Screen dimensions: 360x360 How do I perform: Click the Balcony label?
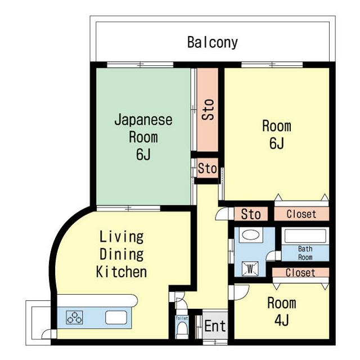pyautogui.click(x=213, y=43)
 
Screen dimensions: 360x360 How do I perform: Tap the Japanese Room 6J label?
pyautogui.click(x=143, y=137)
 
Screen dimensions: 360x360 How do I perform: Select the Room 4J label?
pyautogui.click(x=282, y=311)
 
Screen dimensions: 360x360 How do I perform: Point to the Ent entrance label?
pyautogui.click(x=215, y=326)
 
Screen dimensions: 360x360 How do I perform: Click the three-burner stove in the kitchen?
pyautogui.click(x=74, y=317)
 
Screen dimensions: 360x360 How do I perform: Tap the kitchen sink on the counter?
pyautogui.click(x=116, y=317)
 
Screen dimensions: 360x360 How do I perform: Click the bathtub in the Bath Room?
pyautogui.click(x=305, y=236)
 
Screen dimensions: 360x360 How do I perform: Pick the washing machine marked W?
pyautogui.click(x=250, y=268)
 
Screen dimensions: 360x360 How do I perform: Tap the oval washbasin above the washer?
pyautogui.click(x=250, y=235)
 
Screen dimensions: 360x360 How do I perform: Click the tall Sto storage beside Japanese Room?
pyautogui.click(x=208, y=110)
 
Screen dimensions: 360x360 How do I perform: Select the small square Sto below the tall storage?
pyautogui.click(x=208, y=168)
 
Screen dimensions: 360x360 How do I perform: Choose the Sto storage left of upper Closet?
pyautogui.click(x=251, y=214)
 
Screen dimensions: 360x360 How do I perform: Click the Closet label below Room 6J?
pyautogui.click(x=301, y=214)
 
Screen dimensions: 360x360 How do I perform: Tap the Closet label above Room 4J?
pyautogui.click(x=300, y=273)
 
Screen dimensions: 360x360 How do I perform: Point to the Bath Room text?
pyautogui.click(x=305, y=253)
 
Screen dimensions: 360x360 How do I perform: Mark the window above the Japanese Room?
pyautogui.click(x=140, y=65)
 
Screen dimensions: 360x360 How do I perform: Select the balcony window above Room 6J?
pyautogui.click(x=272, y=65)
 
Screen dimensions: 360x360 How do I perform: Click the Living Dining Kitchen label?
pyautogui.click(x=121, y=254)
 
